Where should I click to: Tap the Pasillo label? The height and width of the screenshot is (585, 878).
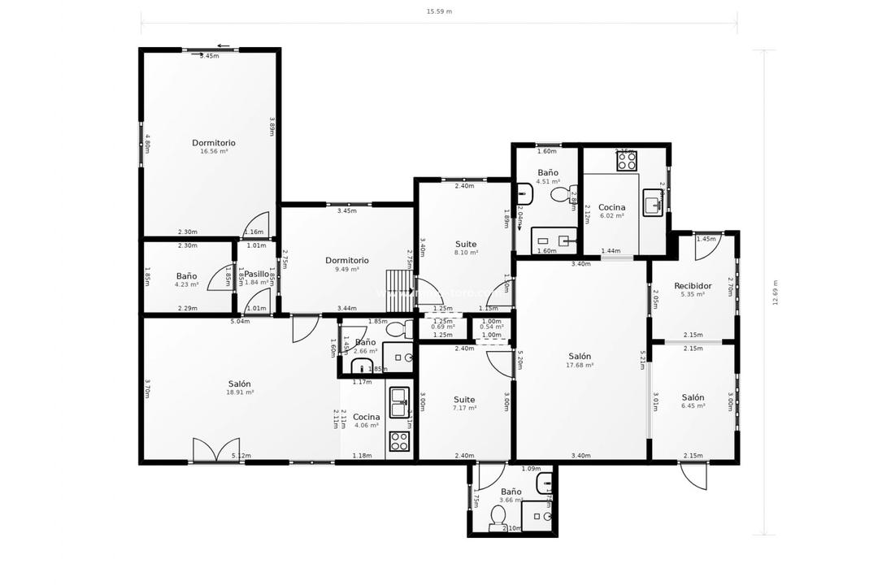tap(257, 275)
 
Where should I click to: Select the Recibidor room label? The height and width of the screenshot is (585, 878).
tap(693, 286)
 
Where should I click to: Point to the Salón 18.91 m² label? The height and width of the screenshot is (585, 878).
tap(239, 384)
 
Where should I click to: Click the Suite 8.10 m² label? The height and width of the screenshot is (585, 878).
tap(466, 245)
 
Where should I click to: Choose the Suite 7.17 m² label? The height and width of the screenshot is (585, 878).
tap(464, 400)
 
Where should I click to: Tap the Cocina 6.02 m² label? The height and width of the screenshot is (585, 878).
tap(611, 208)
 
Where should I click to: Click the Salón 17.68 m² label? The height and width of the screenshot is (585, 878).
tap(580, 357)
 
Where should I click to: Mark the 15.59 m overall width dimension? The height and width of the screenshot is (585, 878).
tap(439, 12)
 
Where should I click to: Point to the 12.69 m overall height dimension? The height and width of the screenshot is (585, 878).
tap(776, 292)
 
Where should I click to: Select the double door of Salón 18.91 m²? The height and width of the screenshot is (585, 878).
tap(205, 450)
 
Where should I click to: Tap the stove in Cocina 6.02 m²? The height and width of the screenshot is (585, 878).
tap(626, 161)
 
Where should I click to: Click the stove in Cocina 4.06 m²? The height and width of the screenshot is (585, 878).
tap(399, 441)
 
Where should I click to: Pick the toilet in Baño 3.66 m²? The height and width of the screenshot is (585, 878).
tap(498, 517)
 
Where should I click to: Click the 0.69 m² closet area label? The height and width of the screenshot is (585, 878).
tap(443, 327)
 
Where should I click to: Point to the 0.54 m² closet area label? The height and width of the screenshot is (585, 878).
tap(491, 327)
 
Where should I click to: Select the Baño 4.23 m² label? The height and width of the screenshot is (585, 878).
tap(186, 277)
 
